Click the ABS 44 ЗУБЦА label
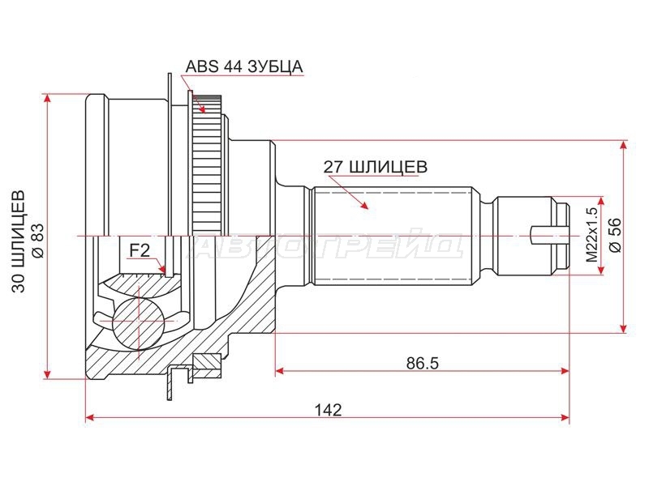tap(244, 66)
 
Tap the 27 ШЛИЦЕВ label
tap(375, 167)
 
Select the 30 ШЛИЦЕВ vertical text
tap(19, 241)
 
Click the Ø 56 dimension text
tap(616, 235)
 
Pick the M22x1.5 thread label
tap(593, 235)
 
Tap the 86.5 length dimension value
tap(422, 363)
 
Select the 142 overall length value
tap(329, 410)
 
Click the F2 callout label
tap(140, 250)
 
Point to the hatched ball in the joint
tap(137, 320)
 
